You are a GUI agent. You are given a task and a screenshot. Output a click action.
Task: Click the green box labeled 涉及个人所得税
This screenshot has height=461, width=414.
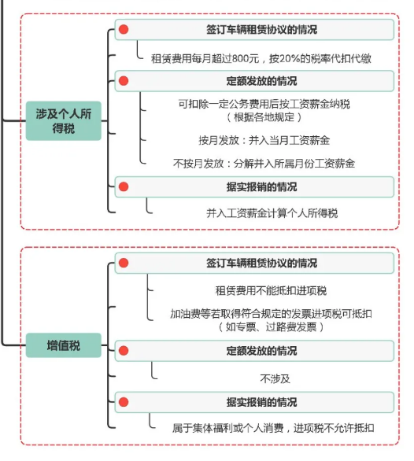coord(64,121)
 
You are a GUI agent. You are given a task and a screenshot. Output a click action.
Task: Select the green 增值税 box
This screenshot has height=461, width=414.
coord(64,345)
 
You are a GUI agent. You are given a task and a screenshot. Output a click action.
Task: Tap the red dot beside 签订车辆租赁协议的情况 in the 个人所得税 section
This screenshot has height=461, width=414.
coord(124,29)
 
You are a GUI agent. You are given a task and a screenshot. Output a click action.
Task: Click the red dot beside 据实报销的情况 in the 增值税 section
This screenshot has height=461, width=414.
coord(124,402)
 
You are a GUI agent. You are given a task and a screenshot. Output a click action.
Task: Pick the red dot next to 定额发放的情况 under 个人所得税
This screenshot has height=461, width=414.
coord(124,81)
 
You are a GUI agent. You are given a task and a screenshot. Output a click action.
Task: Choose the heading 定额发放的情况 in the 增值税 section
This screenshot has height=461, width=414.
coord(261,351)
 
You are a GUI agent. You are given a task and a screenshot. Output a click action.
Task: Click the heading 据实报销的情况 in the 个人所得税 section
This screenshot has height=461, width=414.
coord(261,187)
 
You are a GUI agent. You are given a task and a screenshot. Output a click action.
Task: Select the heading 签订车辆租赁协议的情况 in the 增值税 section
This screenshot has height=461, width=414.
coord(261,263)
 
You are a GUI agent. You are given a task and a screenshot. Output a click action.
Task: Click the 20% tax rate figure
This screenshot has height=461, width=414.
coord(289,59)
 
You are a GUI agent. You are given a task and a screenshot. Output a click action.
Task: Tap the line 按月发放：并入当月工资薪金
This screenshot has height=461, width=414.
coord(264,140)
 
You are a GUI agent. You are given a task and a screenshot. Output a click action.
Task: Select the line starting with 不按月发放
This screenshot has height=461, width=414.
coord(264,163)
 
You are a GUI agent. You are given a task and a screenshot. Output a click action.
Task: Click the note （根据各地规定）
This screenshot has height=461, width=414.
coord(264,117)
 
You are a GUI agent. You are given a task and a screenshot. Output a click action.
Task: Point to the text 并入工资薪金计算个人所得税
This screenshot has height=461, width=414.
coord(272,213)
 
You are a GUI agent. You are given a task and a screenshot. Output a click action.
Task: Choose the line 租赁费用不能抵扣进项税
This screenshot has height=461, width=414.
coord(271,291)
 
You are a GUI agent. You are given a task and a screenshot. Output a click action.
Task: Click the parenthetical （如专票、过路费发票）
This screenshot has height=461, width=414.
coord(271,327)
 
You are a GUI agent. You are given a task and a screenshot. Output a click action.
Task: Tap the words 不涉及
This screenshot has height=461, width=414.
coord(275,378)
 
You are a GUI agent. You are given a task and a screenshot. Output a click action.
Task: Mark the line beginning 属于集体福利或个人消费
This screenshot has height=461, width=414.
coord(273,428)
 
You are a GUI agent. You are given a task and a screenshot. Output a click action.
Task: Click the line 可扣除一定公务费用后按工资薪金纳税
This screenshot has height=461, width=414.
coord(264,104)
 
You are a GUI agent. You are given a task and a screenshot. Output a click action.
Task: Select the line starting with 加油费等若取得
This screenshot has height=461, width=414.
coord(271,314)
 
